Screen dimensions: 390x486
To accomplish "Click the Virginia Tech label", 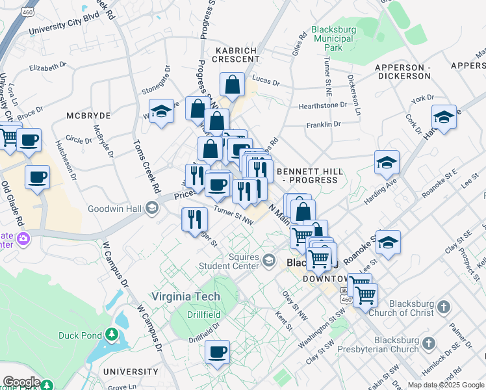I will (186, 296).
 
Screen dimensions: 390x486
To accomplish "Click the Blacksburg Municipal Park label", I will (333, 38).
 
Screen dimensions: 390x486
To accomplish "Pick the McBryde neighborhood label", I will (88, 115).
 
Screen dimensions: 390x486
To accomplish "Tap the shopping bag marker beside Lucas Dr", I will (232, 84).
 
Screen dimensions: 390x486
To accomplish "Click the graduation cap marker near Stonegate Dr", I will (161, 110).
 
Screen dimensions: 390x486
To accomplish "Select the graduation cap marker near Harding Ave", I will (387, 162).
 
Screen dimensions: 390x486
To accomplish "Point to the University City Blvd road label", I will (64, 26).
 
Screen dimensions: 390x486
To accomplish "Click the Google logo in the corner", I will (21, 382).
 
